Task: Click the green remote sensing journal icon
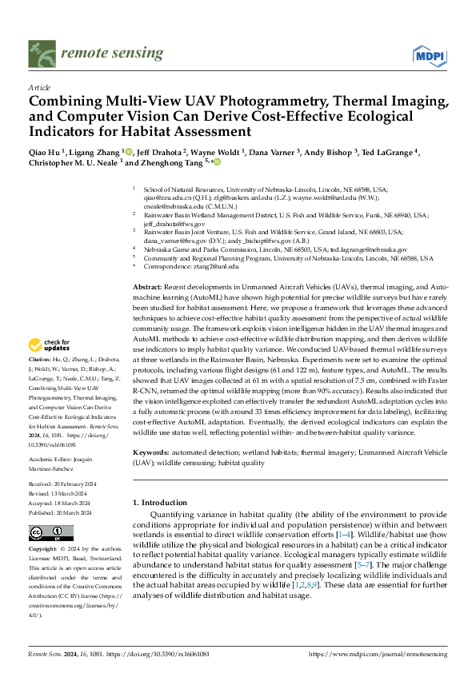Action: click(42, 54)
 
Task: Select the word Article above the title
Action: click(39, 87)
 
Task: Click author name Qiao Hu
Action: click(45, 152)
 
